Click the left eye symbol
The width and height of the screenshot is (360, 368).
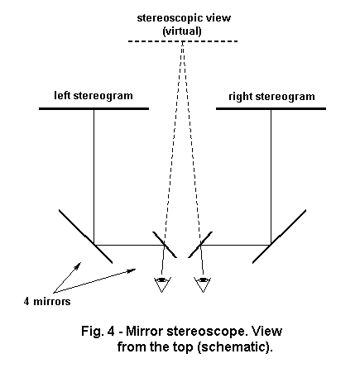tap(162, 284)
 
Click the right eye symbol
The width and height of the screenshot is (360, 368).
tap(203, 284)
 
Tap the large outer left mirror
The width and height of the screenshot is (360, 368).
tap(85, 237)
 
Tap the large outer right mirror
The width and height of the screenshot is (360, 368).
tap(279, 237)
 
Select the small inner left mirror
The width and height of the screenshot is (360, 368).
tap(165, 245)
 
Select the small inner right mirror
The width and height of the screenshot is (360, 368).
tap(200, 245)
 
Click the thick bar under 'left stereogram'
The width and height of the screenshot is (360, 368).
tap(94, 108)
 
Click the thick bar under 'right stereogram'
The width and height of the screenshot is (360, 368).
tap(271, 108)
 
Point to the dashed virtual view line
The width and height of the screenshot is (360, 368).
tap(183, 41)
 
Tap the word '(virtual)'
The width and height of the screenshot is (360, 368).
tap(182, 31)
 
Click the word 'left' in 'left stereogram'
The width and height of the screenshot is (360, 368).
tap(63, 96)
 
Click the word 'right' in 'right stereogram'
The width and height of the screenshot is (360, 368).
tap(241, 97)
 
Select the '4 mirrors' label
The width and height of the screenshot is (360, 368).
tap(47, 301)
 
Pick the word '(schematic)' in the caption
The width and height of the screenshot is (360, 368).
tap(235, 346)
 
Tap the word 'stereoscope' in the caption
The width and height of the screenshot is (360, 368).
tap(206, 332)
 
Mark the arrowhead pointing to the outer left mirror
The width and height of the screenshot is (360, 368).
tap(79, 265)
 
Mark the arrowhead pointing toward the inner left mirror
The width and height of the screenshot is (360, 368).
tap(132, 270)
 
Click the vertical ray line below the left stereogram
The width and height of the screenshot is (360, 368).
tap(94, 177)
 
